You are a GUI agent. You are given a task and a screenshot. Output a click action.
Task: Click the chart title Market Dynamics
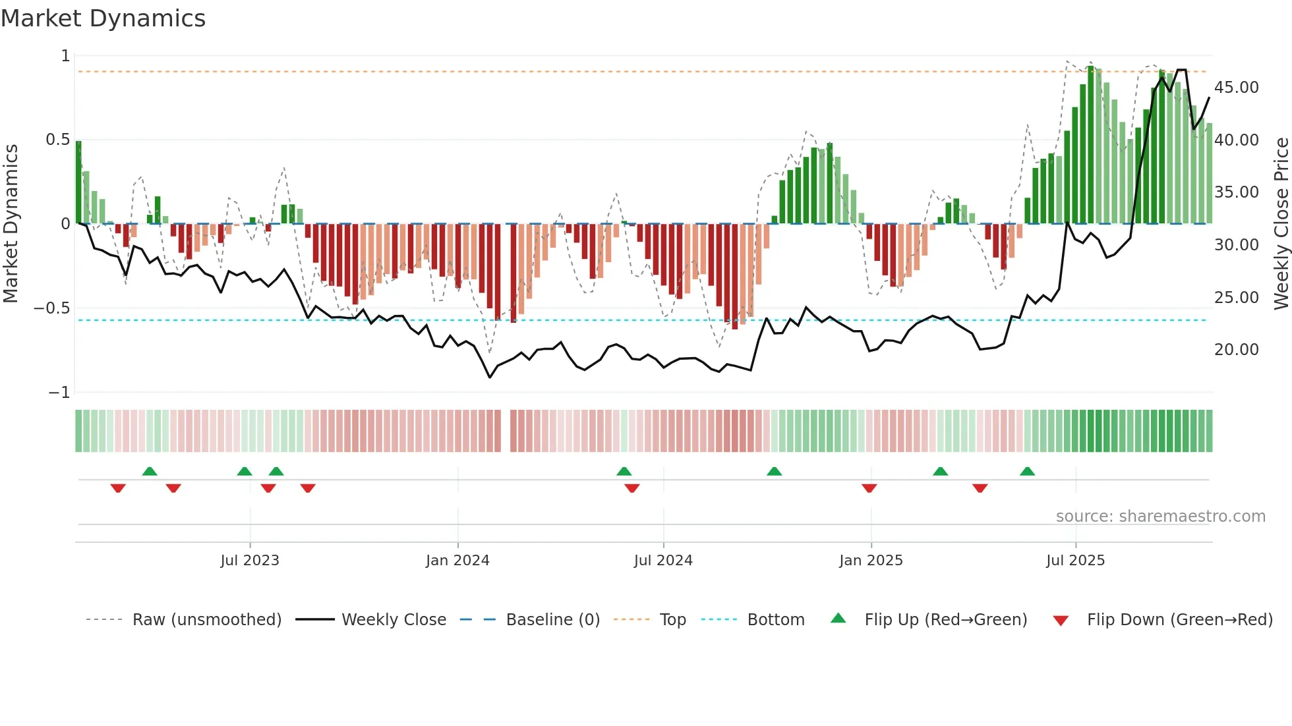click(x=103, y=18)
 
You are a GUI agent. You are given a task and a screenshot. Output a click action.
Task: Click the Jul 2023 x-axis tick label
click(x=250, y=561)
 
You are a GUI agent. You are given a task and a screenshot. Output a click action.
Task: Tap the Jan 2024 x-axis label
click(x=457, y=561)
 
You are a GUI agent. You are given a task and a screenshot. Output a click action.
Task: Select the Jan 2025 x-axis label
click(x=871, y=561)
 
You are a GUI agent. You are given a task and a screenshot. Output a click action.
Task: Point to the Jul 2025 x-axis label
click(x=1075, y=561)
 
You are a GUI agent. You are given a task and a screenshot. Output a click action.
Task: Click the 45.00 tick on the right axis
click(x=1236, y=88)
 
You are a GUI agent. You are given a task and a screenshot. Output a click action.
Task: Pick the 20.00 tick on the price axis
click(x=1236, y=350)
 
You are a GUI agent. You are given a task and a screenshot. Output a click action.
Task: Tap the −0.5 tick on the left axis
click(x=51, y=308)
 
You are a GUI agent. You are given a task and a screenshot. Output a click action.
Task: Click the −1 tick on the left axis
click(x=59, y=393)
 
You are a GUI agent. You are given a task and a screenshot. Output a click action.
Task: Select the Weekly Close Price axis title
click(x=1281, y=223)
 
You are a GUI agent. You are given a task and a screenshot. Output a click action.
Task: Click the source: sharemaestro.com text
click(x=1160, y=517)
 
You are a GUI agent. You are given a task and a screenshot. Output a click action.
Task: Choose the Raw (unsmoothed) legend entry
click(x=206, y=620)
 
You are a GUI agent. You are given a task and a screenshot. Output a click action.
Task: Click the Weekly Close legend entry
click(x=394, y=620)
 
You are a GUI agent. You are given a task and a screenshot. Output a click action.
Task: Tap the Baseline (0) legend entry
click(x=552, y=620)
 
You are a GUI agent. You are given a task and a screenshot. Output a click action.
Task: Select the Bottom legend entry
click(x=775, y=620)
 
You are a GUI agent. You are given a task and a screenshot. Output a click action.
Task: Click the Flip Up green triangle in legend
click(x=838, y=618)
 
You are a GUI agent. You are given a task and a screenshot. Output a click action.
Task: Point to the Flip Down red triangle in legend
click(x=1061, y=621)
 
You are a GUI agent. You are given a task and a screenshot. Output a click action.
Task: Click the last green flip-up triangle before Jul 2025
click(x=1027, y=471)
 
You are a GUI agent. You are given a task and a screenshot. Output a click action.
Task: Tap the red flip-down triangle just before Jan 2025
click(x=869, y=488)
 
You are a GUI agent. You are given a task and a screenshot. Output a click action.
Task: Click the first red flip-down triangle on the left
click(x=118, y=488)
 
